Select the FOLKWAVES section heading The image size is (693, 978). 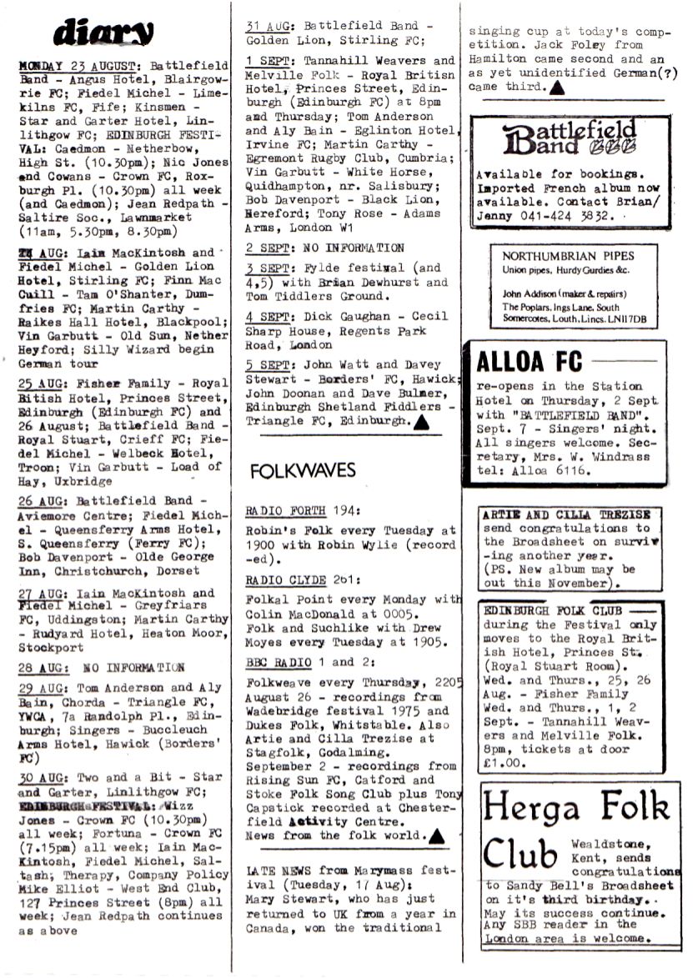[303, 471]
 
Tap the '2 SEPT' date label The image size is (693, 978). [268, 248]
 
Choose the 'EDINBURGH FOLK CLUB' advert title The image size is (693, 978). [554, 610]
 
